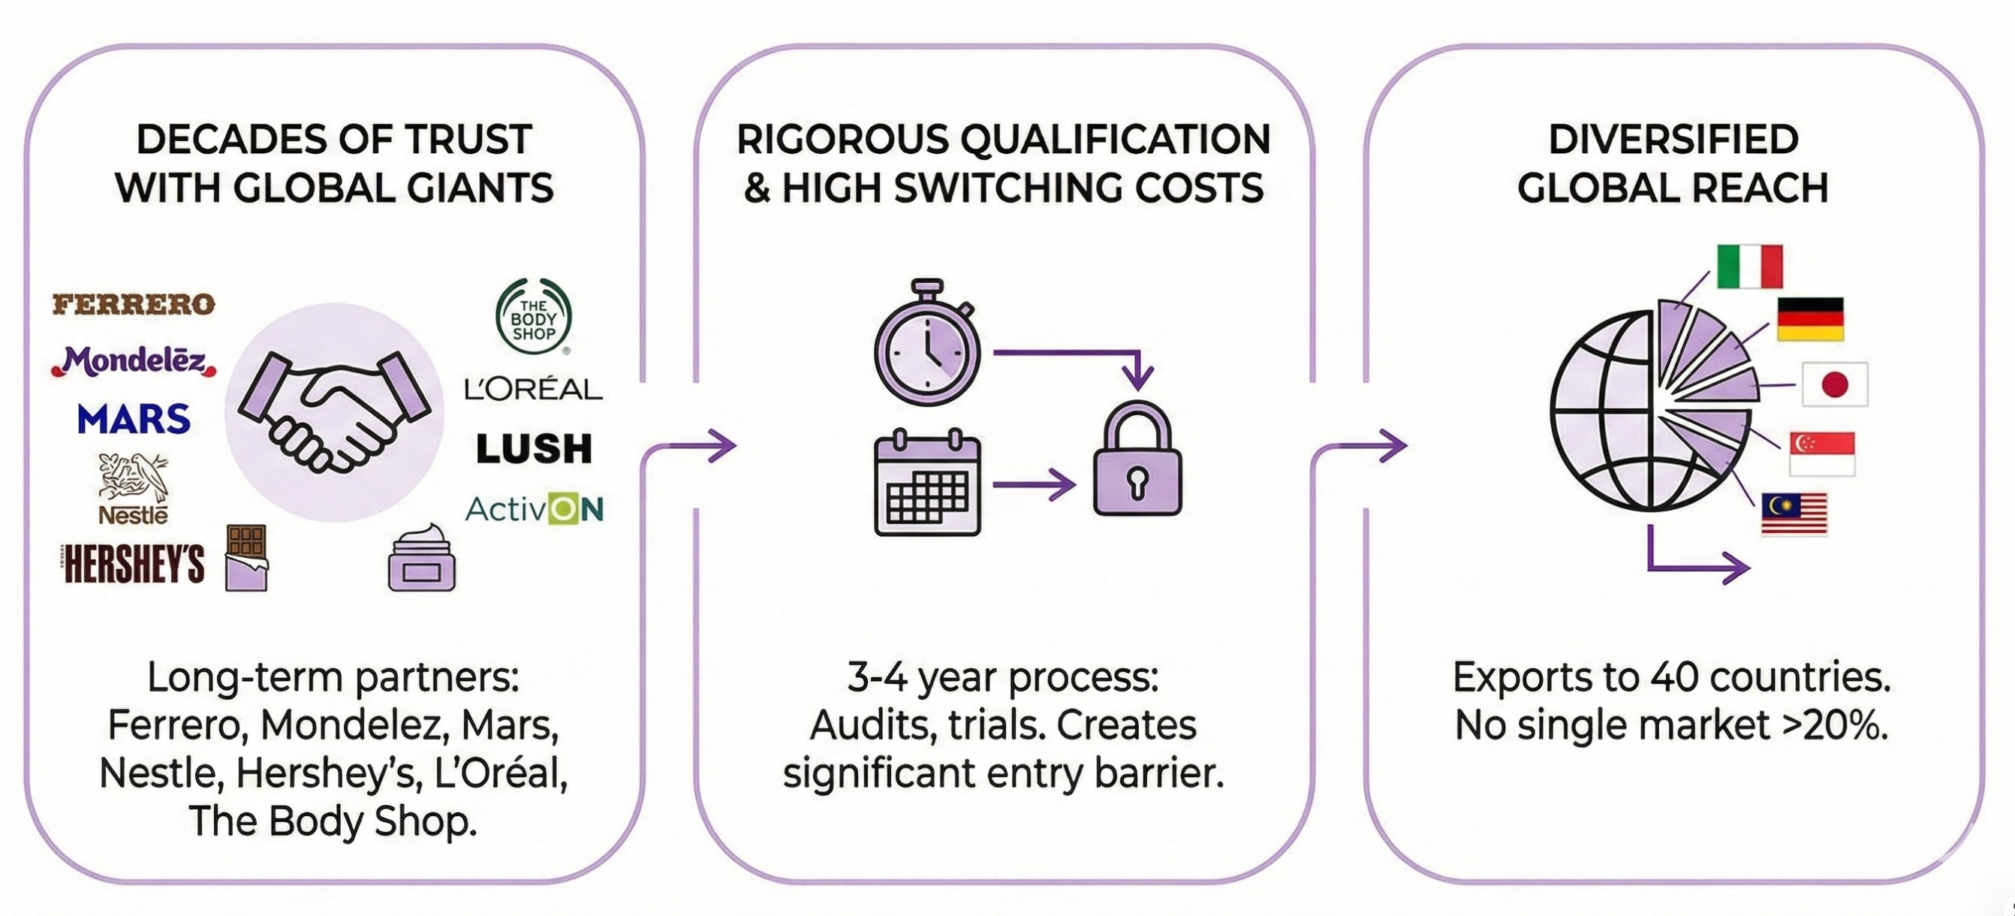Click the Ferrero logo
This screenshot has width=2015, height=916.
(x=134, y=304)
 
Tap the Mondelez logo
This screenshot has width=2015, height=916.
(x=134, y=361)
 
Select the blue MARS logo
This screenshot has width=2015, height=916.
(x=134, y=419)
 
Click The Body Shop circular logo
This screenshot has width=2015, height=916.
(x=534, y=318)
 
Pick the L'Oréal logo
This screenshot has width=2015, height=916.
(x=534, y=389)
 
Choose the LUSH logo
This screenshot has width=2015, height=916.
(x=535, y=449)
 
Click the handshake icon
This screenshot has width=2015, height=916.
(x=334, y=411)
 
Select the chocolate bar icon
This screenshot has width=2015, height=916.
(x=246, y=557)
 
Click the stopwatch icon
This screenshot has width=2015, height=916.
(x=928, y=344)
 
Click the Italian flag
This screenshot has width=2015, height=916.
(x=1750, y=267)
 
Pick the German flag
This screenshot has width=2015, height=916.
(x=1810, y=319)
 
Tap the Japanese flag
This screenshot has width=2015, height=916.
(x=1834, y=384)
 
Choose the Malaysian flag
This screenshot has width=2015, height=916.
(x=1794, y=514)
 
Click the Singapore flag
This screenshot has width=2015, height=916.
(x=1822, y=453)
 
